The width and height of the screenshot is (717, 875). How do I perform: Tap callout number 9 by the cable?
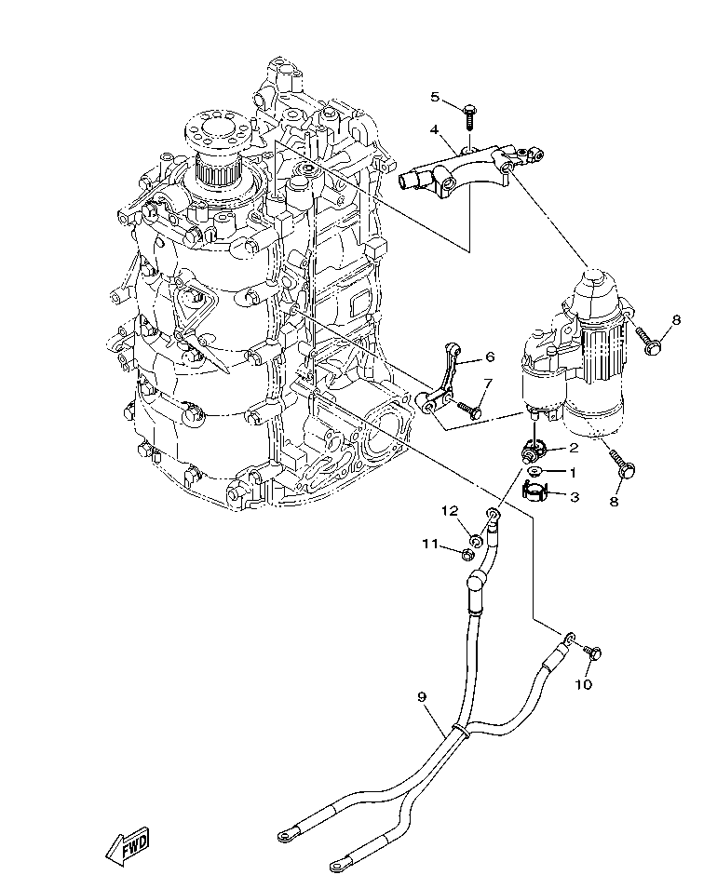[422, 695]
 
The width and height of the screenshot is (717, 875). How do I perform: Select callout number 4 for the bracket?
[435, 128]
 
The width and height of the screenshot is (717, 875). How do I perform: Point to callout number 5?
[435, 96]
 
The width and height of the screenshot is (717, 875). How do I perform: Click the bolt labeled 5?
[469, 117]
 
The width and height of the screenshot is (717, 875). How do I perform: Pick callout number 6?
[490, 357]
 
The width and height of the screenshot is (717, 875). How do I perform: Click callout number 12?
[450, 510]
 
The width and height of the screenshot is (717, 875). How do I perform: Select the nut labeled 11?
[467, 555]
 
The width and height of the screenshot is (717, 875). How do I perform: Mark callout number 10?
[583, 685]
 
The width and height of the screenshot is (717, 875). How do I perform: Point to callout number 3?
[575, 498]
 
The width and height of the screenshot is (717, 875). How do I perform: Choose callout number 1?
[575, 473]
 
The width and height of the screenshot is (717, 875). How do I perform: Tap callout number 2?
[575, 448]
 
